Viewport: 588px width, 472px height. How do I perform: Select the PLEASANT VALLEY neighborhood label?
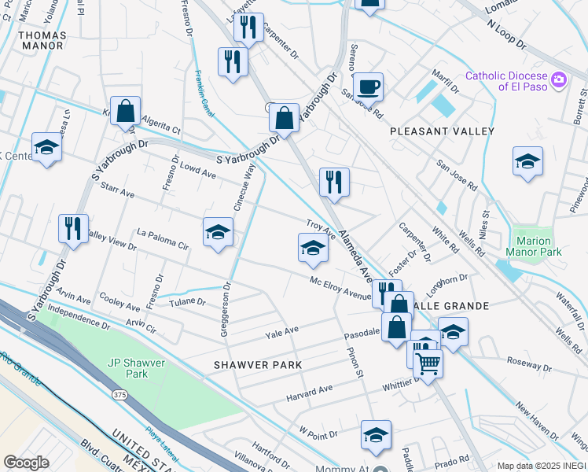pyautogui.click(x=443, y=131)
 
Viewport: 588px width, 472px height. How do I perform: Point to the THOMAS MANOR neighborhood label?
pyautogui.click(x=41, y=40)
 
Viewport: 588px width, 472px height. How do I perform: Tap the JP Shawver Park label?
pyautogui.click(x=127, y=368)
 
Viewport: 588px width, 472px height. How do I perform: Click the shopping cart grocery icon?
pyautogui.click(x=428, y=363)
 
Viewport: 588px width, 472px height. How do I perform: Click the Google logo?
pyautogui.click(x=25, y=462)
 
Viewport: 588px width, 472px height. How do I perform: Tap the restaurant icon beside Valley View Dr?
pyautogui.click(x=73, y=229)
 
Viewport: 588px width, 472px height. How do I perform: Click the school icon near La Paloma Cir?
pyautogui.click(x=218, y=232)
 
